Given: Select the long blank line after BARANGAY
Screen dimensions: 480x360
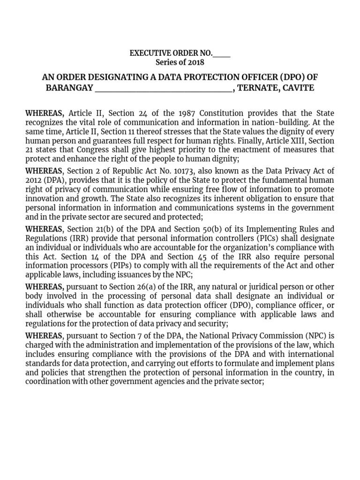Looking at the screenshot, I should pos(164,88).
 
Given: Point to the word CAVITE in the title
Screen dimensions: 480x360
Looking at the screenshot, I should pos(298,88).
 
